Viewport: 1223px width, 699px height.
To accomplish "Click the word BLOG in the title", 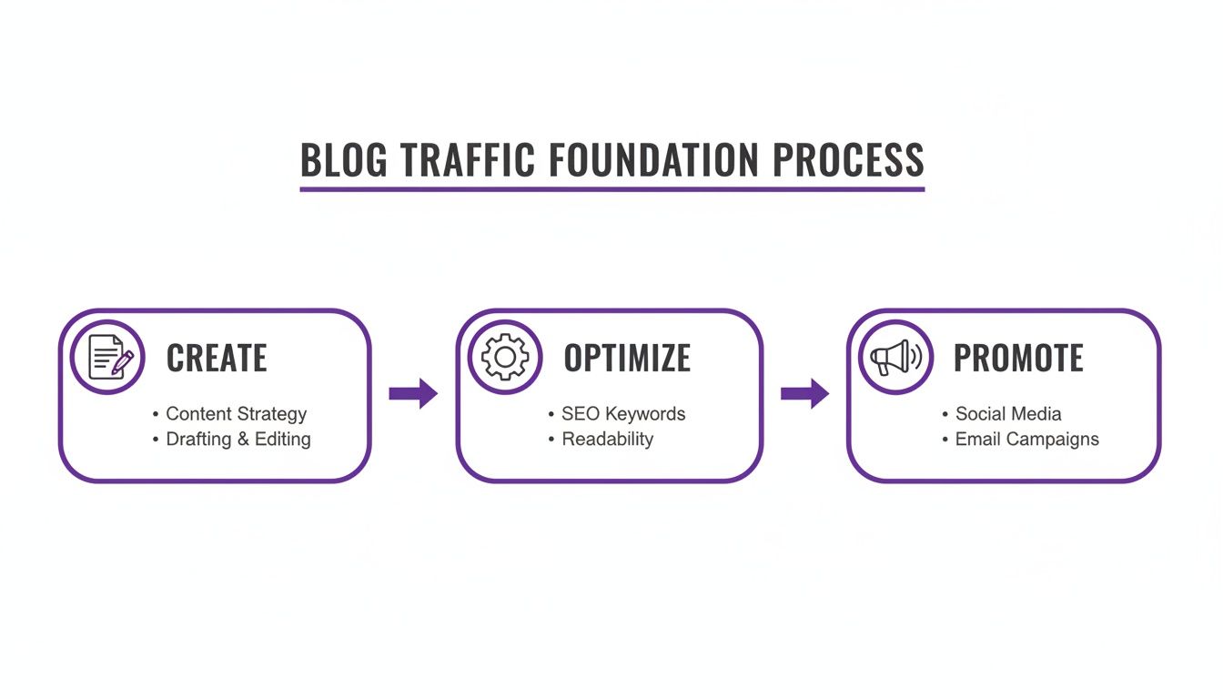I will point(343,160).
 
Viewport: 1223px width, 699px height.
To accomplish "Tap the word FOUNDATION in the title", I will point(654,160).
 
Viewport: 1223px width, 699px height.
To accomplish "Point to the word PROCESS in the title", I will point(848,160).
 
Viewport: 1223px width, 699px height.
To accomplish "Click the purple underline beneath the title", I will point(611,189).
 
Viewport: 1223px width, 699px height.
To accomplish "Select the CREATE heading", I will point(217,359).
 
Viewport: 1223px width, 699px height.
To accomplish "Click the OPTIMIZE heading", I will point(627,359).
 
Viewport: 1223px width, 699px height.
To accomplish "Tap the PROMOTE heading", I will point(1018,359).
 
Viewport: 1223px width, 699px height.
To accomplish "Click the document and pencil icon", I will point(108,357).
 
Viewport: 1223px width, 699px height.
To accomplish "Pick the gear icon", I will point(505,357).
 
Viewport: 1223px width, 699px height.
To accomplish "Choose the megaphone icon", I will point(895,357).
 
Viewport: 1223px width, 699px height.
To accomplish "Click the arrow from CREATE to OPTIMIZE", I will point(413,393).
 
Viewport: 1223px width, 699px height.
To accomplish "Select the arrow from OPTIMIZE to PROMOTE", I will point(804,393).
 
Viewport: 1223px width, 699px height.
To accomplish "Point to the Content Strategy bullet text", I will point(236,414).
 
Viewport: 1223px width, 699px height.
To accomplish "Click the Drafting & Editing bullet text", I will point(238,439).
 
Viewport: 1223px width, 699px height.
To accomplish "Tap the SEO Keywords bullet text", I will point(623,414).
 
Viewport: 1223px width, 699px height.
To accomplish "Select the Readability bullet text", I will point(607,439).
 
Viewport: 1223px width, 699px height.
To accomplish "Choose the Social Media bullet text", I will point(1008,414).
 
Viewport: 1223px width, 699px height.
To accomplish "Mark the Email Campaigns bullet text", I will point(1026,439).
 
